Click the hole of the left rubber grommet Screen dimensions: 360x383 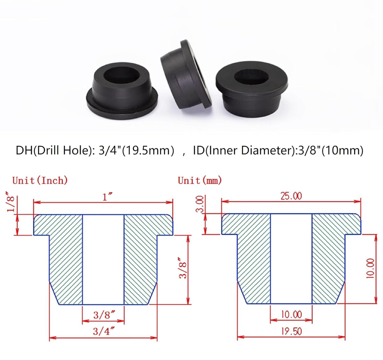(121, 75)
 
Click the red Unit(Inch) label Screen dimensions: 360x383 (40, 181)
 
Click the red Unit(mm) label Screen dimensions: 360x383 (200, 181)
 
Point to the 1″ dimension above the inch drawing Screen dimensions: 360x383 (107, 197)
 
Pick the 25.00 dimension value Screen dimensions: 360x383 (291, 196)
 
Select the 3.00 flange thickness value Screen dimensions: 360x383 (201, 204)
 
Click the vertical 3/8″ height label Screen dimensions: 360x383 (183, 268)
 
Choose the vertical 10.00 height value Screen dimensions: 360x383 (370, 268)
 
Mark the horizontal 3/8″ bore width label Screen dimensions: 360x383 (104, 315)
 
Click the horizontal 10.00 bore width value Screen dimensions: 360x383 (291, 315)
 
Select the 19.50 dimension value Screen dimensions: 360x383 (291, 331)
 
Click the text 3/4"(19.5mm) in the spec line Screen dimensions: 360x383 (136, 150)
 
